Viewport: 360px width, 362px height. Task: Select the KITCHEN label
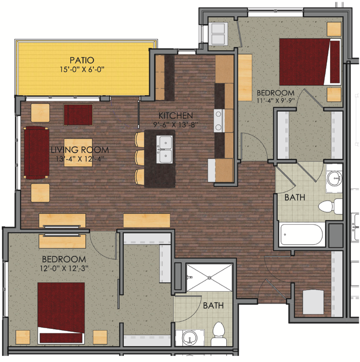pos(176,116)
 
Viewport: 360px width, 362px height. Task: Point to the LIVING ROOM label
pos(80,150)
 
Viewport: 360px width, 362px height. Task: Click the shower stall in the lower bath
pos(209,277)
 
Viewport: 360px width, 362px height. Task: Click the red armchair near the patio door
pos(78,115)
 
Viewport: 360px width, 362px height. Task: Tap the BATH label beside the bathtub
pos(295,197)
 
